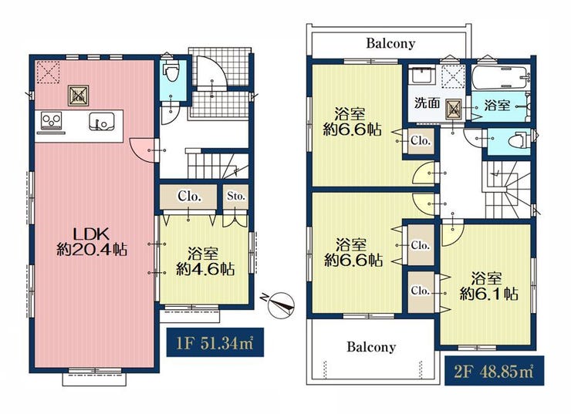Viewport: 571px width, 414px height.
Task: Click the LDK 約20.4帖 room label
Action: pyautogui.click(x=92, y=241)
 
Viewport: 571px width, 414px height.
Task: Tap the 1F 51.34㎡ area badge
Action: pyautogui.click(x=215, y=343)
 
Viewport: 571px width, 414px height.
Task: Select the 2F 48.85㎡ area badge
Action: pyautogui.click(x=494, y=371)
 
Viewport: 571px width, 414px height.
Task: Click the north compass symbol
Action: pyautogui.click(x=279, y=304)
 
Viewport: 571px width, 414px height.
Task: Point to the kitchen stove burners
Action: pyautogui.click(x=52, y=120)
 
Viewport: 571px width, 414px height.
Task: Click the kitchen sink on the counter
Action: pyautogui.click(x=102, y=122)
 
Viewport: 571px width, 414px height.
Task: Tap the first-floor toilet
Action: pyautogui.click(x=171, y=72)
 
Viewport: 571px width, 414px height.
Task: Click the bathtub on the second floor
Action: pyautogui.click(x=499, y=78)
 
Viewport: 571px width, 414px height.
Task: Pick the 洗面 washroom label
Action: pyautogui.click(x=427, y=103)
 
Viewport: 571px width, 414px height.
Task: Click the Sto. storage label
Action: pyautogui.click(x=235, y=196)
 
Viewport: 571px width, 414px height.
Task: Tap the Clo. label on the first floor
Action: pyautogui.click(x=189, y=197)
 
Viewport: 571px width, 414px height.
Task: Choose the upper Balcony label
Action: pyautogui.click(x=390, y=43)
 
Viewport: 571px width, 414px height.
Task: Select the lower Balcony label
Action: pyautogui.click(x=371, y=347)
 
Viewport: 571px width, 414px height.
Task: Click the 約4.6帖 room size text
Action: pyautogui.click(x=205, y=269)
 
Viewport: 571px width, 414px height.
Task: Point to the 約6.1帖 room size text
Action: pyautogui.click(x=488, y=293)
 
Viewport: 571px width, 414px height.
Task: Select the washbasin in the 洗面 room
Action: pyautogui.click(x=422, y=76)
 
